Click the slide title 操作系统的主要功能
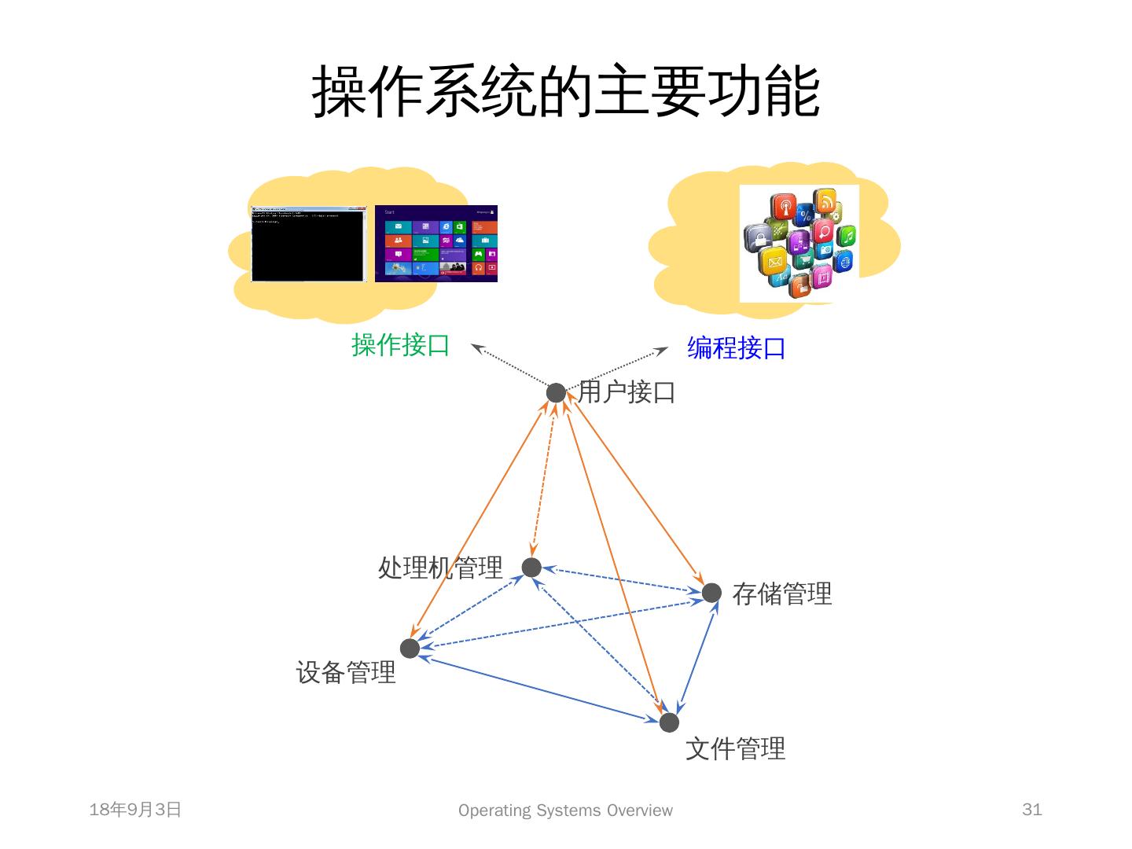pos(566,92)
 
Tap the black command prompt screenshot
pos(308,244)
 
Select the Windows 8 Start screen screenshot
pos(436,244)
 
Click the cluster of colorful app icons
pos(799,243)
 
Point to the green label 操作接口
pos(400,345)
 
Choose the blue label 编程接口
pos(736,347)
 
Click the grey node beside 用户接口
pos(556,392)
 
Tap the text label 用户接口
pos(627,391)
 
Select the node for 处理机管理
pos(531,567)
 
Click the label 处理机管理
pos(440,567)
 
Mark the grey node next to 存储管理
pos(711,592)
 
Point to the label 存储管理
pos(781,594)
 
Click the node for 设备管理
pos(410,649)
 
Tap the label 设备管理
pos(346,672)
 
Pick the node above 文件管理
pos(669,722)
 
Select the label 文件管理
pos(735,748)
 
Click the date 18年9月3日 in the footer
pos(135,810)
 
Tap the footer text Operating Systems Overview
pos(565,810)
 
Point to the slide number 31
pos(1031,810)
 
